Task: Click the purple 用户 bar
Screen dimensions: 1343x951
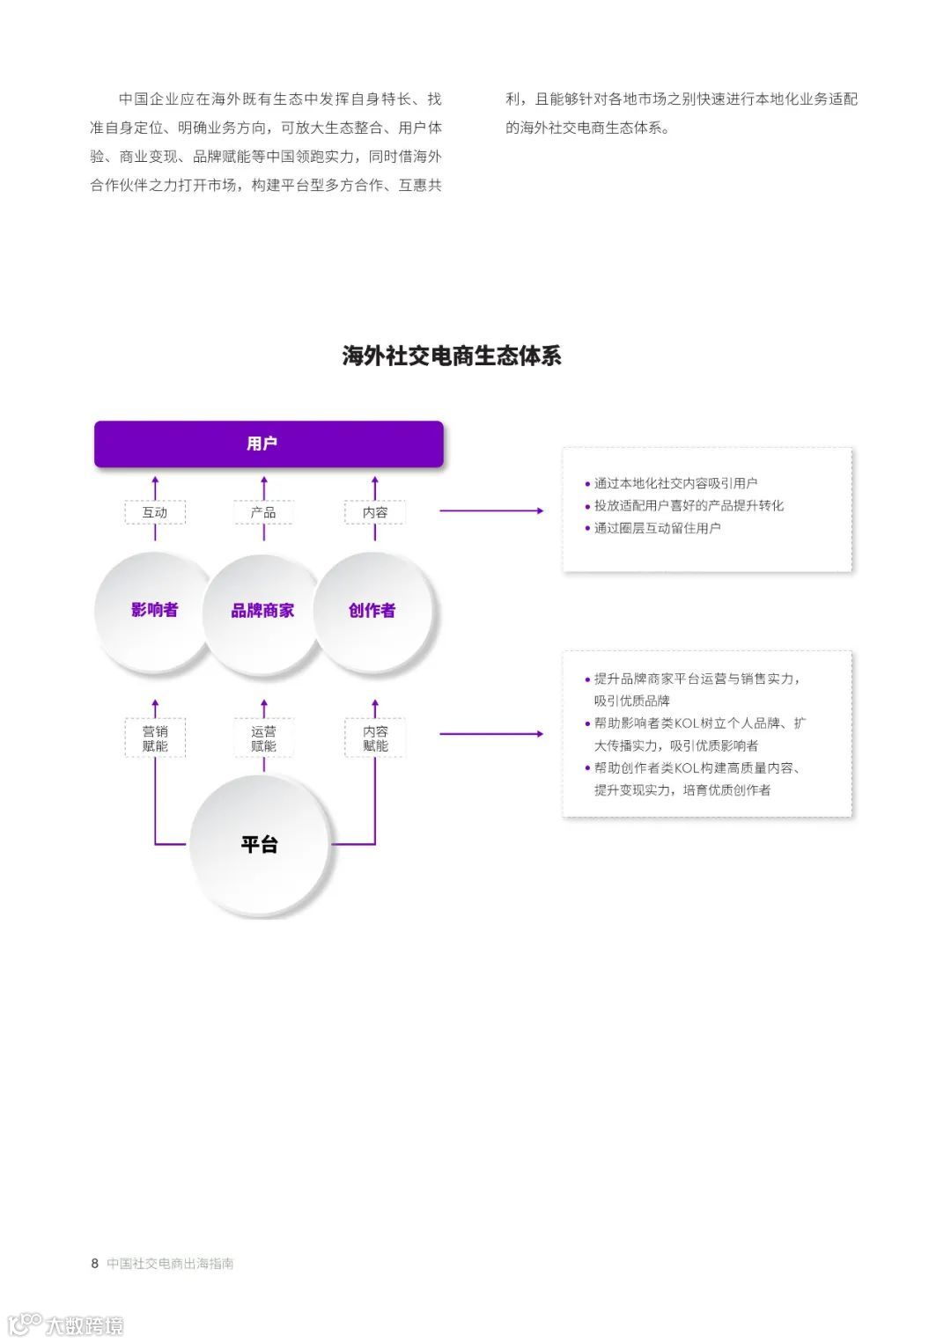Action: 269,444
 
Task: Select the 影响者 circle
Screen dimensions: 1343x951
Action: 154,610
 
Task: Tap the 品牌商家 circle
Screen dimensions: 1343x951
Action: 262,611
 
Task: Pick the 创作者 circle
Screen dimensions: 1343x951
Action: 372,611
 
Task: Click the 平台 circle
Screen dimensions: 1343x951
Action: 261,845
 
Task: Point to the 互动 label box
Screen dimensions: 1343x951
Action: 155,512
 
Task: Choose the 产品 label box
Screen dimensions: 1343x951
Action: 263,512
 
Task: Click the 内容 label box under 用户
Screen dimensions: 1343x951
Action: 375,512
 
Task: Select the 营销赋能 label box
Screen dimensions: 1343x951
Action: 155,738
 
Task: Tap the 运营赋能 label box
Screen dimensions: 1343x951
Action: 263,738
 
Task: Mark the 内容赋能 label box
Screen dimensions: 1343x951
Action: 375,738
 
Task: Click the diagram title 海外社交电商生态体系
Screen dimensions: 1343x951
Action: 452,356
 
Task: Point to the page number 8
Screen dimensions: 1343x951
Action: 95,1264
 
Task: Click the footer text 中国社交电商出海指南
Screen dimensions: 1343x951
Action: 170,1264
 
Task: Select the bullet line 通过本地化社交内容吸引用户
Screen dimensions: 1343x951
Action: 675,483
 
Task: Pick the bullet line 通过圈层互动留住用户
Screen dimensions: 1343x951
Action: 656,528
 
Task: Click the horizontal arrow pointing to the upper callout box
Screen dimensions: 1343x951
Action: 490,510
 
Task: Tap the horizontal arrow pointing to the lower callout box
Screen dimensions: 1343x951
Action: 490,734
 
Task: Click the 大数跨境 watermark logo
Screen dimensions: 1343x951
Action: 66,1325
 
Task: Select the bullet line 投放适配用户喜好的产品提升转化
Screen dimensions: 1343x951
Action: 688,505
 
